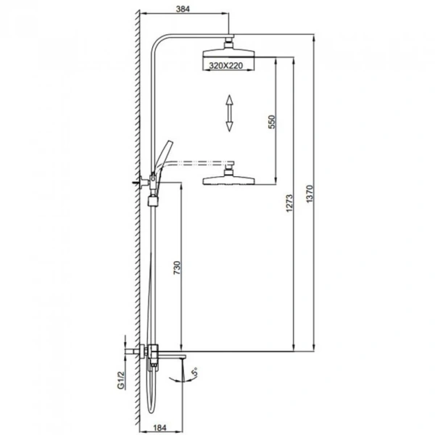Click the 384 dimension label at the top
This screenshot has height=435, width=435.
183,9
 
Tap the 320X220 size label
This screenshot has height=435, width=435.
225,66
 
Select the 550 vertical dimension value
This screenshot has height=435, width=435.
272,122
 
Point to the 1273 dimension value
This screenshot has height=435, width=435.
289,203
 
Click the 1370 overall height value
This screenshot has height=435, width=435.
310,194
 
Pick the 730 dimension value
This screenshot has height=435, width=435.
177,268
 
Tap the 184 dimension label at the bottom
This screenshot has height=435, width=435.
159,428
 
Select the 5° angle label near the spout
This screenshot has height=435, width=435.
196,372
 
